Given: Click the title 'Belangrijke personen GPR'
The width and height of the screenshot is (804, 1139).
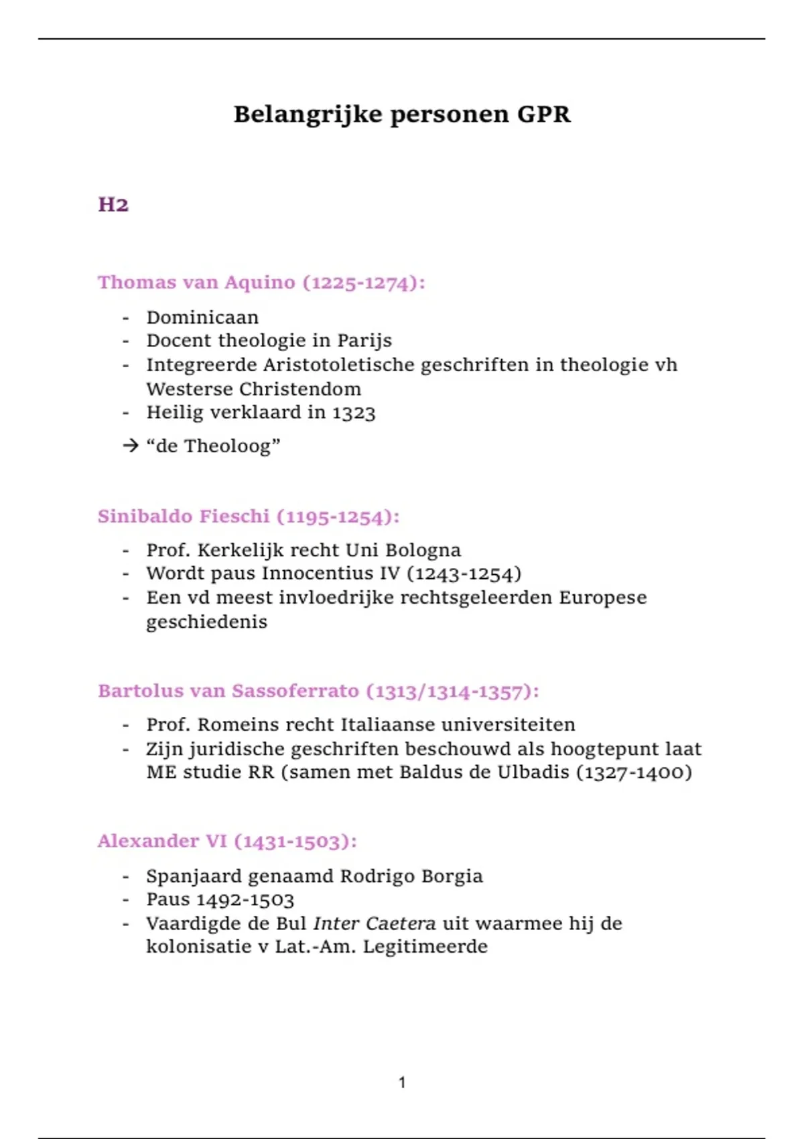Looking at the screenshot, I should pyautogui.click(x=402, y=115).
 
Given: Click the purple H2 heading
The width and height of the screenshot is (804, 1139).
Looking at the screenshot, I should pyautogui.click(x=113, y=204).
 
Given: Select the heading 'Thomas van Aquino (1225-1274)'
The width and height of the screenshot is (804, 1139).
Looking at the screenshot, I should pyautogui.click(x=261, y=283).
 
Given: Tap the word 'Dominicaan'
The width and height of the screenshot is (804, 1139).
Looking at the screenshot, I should pyautogui.click(x=202, y=317).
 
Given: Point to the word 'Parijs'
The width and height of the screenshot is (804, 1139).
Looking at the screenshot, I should pyautogui.click(x=364, y=341).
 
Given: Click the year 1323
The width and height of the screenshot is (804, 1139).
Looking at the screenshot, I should pyautogui.click(x=354, y=413).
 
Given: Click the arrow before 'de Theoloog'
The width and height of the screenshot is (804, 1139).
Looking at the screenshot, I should pyautogui.click(x=131, y=446).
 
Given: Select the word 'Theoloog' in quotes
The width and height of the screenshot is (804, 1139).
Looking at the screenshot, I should pyautogui.click(x=228, y=446).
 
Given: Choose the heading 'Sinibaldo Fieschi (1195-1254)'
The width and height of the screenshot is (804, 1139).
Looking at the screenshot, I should pyautogui.click(x=249, y=517).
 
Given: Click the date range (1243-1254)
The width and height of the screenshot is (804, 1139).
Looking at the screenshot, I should pyautogui.click(x=464, y=574).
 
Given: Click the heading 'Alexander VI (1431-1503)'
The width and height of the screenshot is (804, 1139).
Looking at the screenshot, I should pyautogui.click(x=227, y=842).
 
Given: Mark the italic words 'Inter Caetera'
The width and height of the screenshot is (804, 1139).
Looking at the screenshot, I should pyautogui.click(x=375, y=924).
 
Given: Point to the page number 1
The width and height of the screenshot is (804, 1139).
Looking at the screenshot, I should pyautogui.click(x=402, y=1083).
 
